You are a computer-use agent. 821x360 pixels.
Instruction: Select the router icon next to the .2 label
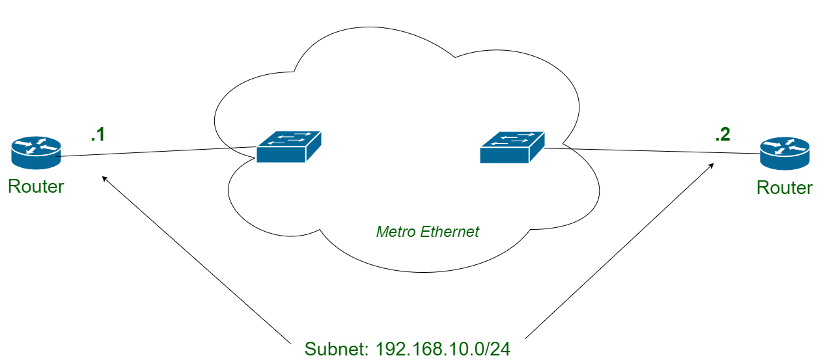click(x=785, y=152)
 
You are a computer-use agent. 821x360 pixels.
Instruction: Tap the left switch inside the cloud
click(x=288, y=146)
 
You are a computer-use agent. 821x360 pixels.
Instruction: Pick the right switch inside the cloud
click(x=512, y=146)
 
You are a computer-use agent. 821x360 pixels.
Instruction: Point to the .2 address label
click(x=723, y=135)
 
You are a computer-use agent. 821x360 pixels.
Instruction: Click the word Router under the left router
click(x=36, y=187)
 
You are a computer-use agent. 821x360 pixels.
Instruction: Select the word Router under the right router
click(x=785, y=188)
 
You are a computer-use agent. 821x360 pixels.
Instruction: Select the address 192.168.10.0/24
click(x=443, y=349)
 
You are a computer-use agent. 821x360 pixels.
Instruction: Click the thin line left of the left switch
click(x=244, y=148)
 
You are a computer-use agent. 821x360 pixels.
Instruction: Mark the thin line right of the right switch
click(x=557, y=148)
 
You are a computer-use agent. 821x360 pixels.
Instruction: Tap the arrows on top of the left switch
click(x=290, y=138)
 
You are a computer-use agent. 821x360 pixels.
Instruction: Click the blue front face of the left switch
click(x=281, y=154)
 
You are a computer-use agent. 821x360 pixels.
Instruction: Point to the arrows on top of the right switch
click(x=513, y=138)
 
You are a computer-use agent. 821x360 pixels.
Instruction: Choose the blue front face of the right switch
click(x=504, y=155)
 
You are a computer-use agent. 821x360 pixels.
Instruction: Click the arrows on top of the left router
click(x=36, y=145)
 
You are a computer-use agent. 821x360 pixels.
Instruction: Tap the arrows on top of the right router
click(x=785, y=146)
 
